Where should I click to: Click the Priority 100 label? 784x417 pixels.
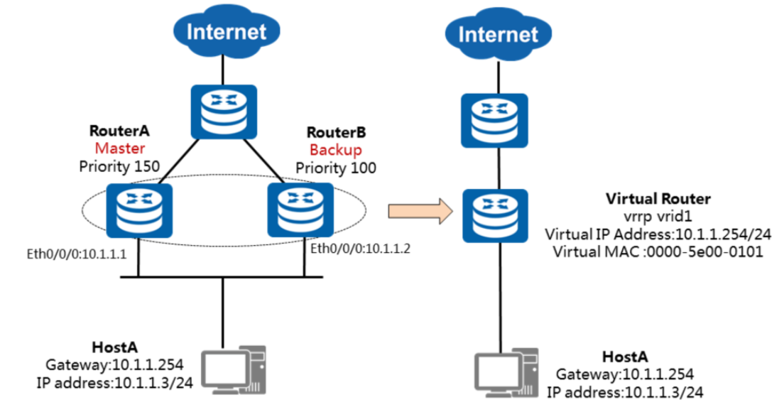coord(336,168)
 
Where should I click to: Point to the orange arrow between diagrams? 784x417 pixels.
coord(420,211)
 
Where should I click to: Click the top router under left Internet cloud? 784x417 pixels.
coord(222,112)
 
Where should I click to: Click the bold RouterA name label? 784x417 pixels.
coord(119,131)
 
